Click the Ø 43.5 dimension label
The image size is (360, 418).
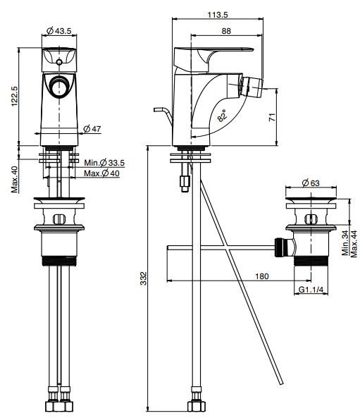coord(59,31)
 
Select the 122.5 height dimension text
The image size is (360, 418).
coord(14,97)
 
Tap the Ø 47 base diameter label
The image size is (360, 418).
coord(92,129)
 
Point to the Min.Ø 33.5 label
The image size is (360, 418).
coord(104,162)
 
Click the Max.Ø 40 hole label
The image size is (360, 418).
coord(101,173)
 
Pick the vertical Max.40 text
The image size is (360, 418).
coord(14,180)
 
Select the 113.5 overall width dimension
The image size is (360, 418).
coord(218,15)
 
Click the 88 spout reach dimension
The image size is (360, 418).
coord(226,31)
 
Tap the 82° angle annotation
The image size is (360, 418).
coord(222,116)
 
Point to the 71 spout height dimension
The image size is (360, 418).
coord(272,117)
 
